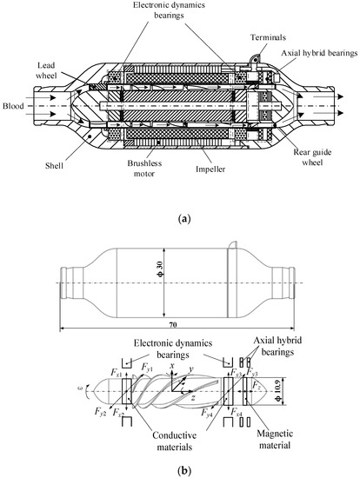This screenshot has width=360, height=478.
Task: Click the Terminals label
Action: (268, 37)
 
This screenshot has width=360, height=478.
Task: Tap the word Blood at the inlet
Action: (13, 106)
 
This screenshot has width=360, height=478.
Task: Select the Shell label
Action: (54, 166)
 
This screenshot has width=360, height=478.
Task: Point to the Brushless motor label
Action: (144, 169)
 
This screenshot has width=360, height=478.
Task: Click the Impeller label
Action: (210, 169)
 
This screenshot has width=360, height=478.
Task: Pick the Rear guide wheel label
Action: (312, 157)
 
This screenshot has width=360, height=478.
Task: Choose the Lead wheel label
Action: (46, 70)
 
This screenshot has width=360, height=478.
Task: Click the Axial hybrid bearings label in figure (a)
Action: (319, 53)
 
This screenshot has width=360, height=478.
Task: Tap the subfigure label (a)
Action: (183, 219)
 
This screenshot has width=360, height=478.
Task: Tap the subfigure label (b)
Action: (184, 471)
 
